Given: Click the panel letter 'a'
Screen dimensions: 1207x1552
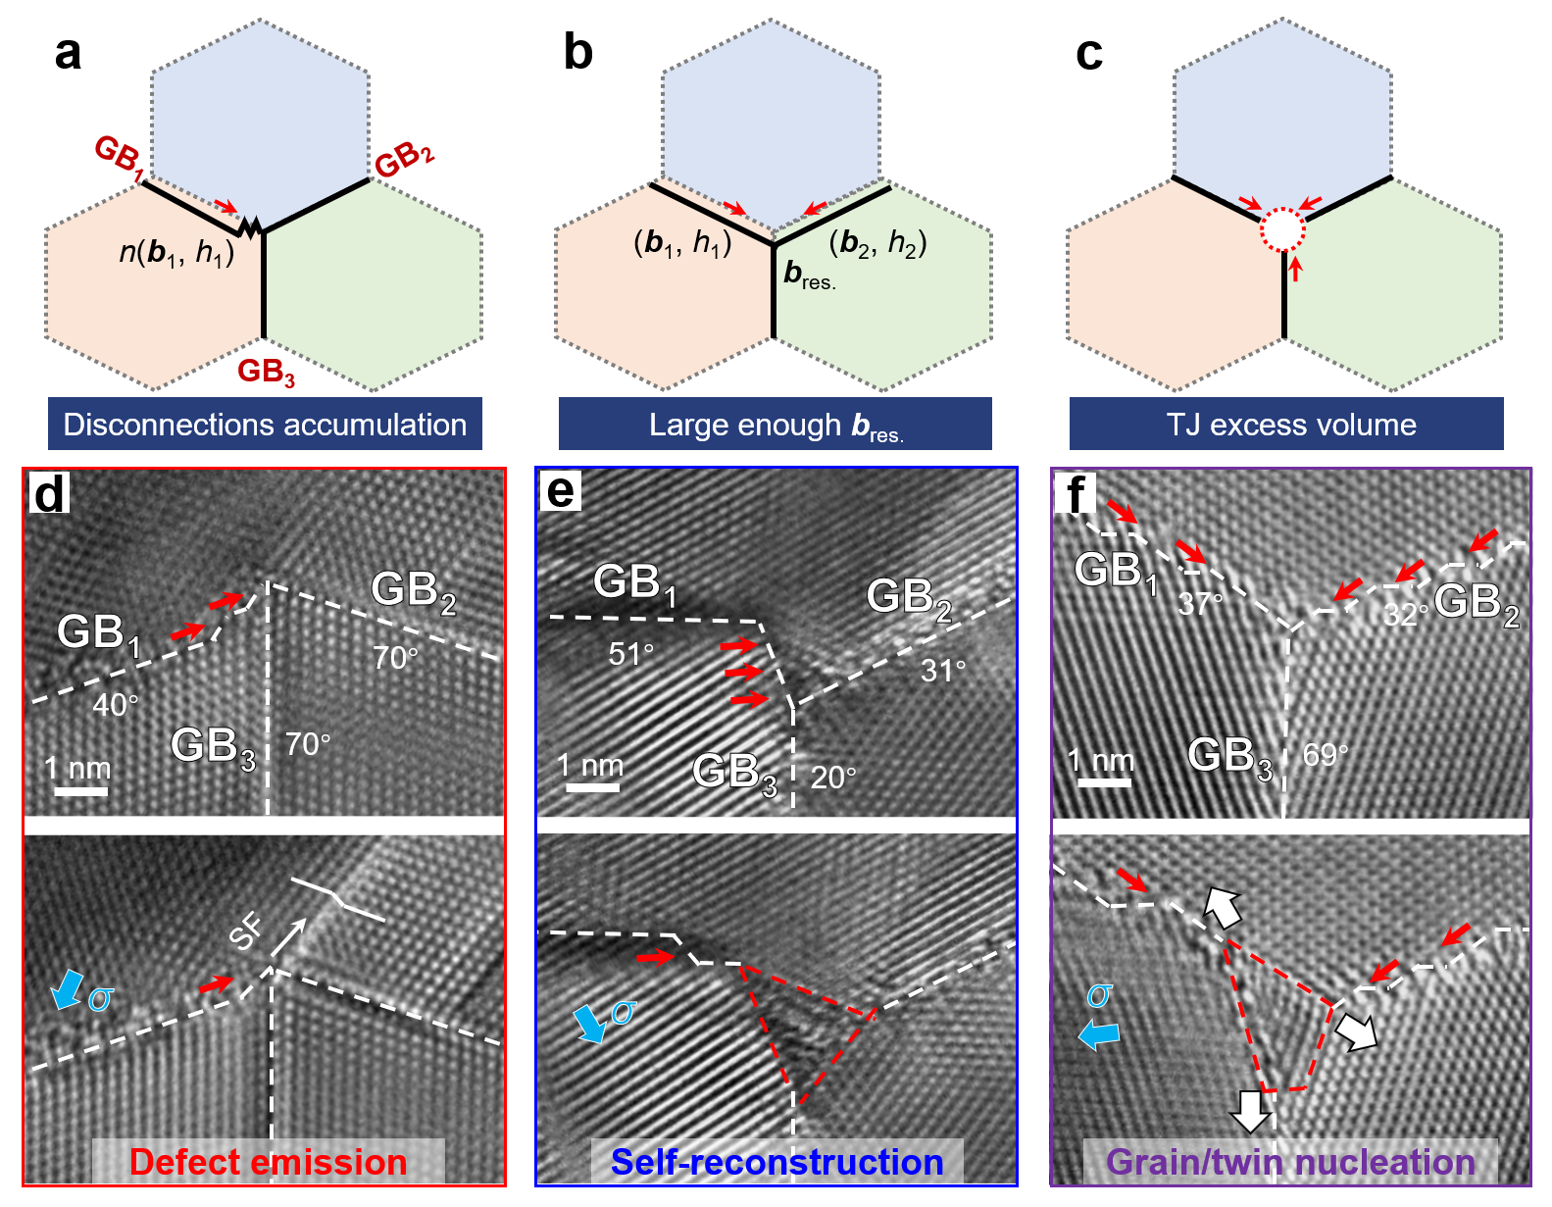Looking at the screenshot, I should (x=67, y=53).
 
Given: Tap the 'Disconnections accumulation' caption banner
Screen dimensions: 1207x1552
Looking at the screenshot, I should (x=265, y=425).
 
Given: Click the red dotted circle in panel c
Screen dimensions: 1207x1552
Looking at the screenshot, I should (x=1282, y=231).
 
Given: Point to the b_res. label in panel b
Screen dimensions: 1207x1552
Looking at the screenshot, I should (x=810, y=276).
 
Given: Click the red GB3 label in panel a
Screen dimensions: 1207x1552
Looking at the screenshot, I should (x=266, y=372).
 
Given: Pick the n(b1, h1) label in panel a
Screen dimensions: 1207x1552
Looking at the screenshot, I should (x=176, y=253).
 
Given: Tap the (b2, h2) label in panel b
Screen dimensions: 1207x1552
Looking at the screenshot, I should (x=877, y=243).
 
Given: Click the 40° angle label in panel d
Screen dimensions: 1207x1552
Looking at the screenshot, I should (x=116, y=704).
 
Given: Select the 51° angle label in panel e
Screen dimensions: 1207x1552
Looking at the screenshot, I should (x=630, y=654).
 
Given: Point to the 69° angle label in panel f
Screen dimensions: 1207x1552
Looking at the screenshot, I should (x=1325, y=755).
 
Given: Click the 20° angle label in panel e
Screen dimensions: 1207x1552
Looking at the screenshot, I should (x=833, y=778).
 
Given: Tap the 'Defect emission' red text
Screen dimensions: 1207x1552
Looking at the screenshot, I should (x=268, y=1162).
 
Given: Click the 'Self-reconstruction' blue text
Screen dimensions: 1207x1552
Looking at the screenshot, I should (x=776, y=1162).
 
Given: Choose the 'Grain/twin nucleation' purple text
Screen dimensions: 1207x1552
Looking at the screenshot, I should (x=1290, y=1162).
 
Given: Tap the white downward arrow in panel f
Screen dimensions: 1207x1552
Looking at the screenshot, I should (x=1251, y=1111).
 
